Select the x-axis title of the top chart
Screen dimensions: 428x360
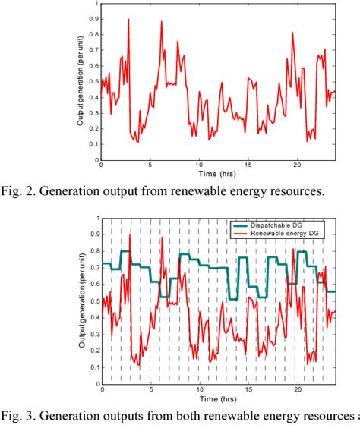pos(216,173)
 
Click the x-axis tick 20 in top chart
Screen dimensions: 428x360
pos(297,165)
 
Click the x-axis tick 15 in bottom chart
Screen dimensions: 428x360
pos(248,388)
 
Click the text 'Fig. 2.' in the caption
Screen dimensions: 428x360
pos(21,191)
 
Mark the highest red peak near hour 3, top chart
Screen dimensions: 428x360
pos(129,19)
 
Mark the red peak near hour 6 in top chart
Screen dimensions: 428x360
pos(161,22)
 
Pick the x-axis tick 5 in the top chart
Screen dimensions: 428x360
pos(150,165)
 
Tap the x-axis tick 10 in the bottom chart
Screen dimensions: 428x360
pos(199,388)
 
